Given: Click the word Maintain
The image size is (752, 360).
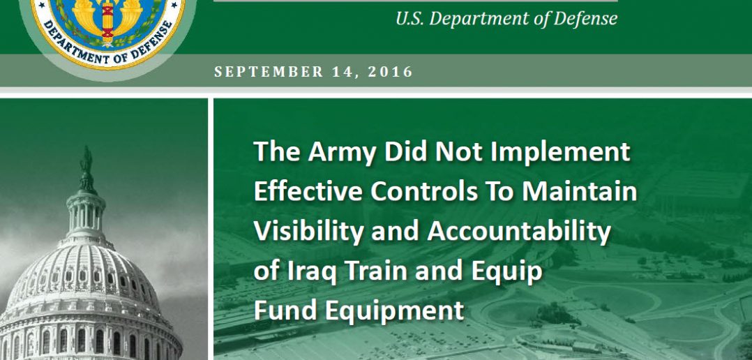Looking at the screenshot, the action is tap(579, 190).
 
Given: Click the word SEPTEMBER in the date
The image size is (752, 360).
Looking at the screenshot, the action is tap(269, 72).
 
